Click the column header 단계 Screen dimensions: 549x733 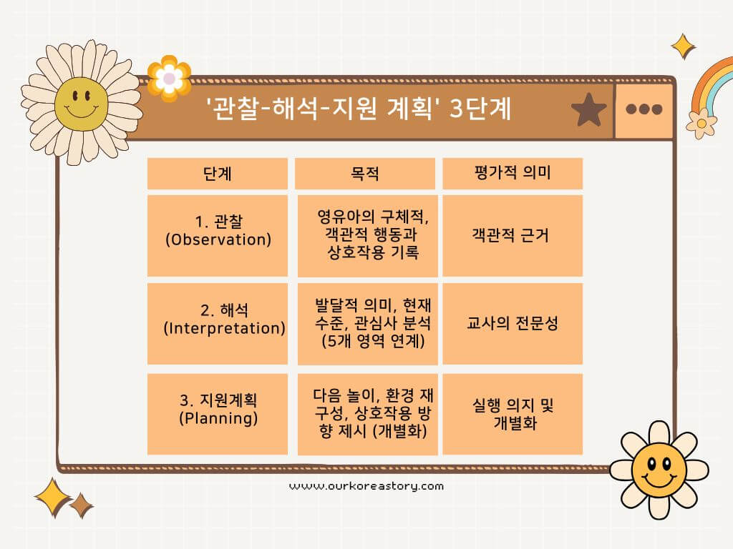coord(218,174)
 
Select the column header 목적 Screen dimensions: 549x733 coord(365,174)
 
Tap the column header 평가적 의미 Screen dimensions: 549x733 coord(513,174)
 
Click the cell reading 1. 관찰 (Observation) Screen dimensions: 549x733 coord(218,235)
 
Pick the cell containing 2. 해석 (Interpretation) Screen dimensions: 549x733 coord(218,324)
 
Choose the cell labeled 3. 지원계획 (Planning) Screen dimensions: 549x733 coord(218,413)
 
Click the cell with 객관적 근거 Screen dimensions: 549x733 coord(513,235)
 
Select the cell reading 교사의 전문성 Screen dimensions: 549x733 coord(513,324)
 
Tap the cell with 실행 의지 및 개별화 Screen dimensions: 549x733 coord(513,413)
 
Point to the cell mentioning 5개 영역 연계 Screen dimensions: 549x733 coord(368,324)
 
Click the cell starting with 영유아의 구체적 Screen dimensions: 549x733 coord(368,235)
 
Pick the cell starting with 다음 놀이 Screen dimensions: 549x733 coord(368,413)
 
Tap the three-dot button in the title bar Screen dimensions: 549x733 coord(644,109)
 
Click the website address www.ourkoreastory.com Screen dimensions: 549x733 coord(366,486)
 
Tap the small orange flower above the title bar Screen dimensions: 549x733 coord(169,77)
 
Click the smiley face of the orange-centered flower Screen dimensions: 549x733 coord(659,470)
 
